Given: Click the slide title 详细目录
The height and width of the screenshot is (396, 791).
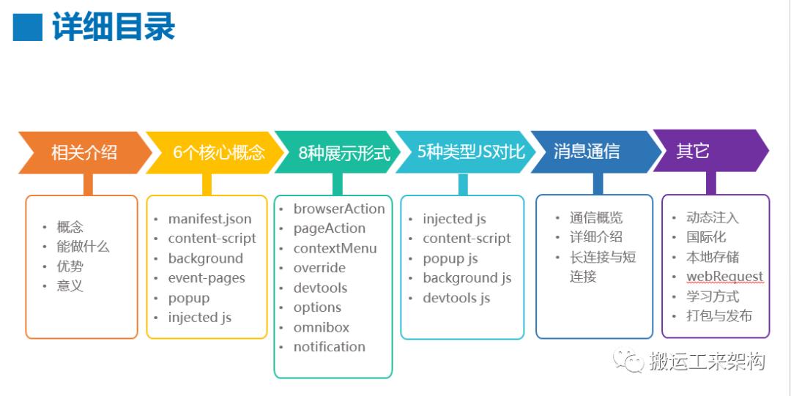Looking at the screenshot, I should (x=114, y=27).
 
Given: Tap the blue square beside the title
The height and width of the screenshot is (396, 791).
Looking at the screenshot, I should (x=28, y=27).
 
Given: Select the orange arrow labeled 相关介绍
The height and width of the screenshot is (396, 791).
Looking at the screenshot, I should (x=83, y=152).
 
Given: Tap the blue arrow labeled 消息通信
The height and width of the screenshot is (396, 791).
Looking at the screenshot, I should (x=586, y=152).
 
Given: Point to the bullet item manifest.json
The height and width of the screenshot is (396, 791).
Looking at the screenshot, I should (x=209, y=219).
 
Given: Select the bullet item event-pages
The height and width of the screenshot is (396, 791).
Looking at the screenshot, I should (x=207, y=278).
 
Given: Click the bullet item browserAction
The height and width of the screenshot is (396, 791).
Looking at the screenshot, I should (x=339, y=209).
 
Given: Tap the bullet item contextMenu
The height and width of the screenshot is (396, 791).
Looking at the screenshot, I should (x=335, y=248).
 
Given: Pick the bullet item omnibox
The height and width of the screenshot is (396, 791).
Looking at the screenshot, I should (x=322, y=327).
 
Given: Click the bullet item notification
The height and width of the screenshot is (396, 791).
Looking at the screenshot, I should (x=330, y=347).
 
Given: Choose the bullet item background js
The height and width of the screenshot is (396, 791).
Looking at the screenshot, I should (x=467, y=278).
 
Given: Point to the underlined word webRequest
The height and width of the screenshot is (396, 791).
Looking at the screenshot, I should (x=724, y=277).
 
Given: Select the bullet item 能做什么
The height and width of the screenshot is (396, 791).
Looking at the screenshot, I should (x=83, y=247).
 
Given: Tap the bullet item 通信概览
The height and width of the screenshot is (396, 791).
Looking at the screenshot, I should (x=596, y=217).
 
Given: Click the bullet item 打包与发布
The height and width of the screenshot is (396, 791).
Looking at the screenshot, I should (x=718, y=316).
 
